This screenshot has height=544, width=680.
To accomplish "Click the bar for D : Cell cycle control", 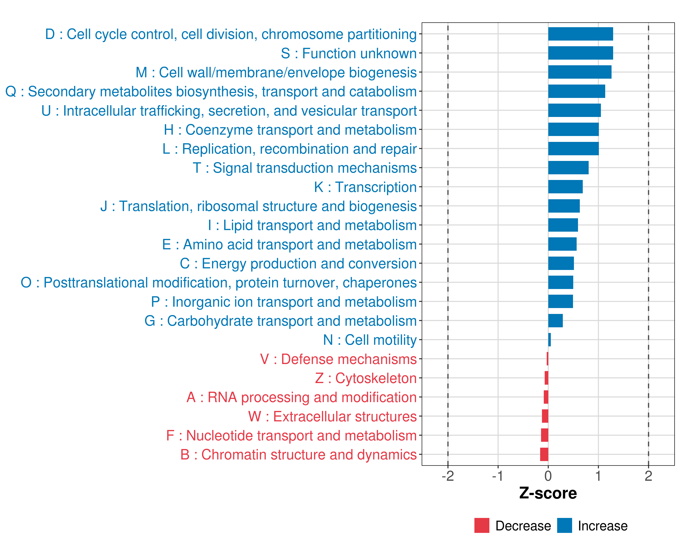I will (x=580, y=34).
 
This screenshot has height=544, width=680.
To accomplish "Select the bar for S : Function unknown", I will (x=580, y=53).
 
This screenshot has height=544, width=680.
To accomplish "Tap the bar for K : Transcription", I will (x=565, y=187).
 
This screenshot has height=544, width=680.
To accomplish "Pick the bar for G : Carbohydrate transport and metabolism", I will (x=555, y=321).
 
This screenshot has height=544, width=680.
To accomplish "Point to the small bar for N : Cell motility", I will (x=549, y=340).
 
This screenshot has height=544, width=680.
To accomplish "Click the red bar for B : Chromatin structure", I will (x=544, y=454).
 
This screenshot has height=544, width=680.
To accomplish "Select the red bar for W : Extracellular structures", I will (x=545, y=416).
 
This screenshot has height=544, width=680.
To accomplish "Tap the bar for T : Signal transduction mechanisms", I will (x=568, y=168).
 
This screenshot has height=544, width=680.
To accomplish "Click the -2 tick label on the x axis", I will (x=447, y=476).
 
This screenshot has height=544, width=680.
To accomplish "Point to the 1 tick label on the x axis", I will (x=598, y=476).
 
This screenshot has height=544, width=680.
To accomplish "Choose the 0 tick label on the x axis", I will (x=548, y=476).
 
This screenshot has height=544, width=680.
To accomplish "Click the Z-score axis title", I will (x=548, y=493).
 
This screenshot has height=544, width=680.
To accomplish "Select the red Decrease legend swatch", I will (x=482, y=525).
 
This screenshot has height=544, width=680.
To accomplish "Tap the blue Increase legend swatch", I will (x=564, y=525).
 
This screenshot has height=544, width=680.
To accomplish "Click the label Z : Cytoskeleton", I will (x=366, y=378).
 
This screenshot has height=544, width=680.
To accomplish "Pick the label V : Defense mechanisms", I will (x=338, y=359).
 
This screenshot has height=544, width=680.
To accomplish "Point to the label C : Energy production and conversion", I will (x=298, y=264).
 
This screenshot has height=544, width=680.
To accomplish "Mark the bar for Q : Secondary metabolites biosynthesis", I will (x=577, y=91).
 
